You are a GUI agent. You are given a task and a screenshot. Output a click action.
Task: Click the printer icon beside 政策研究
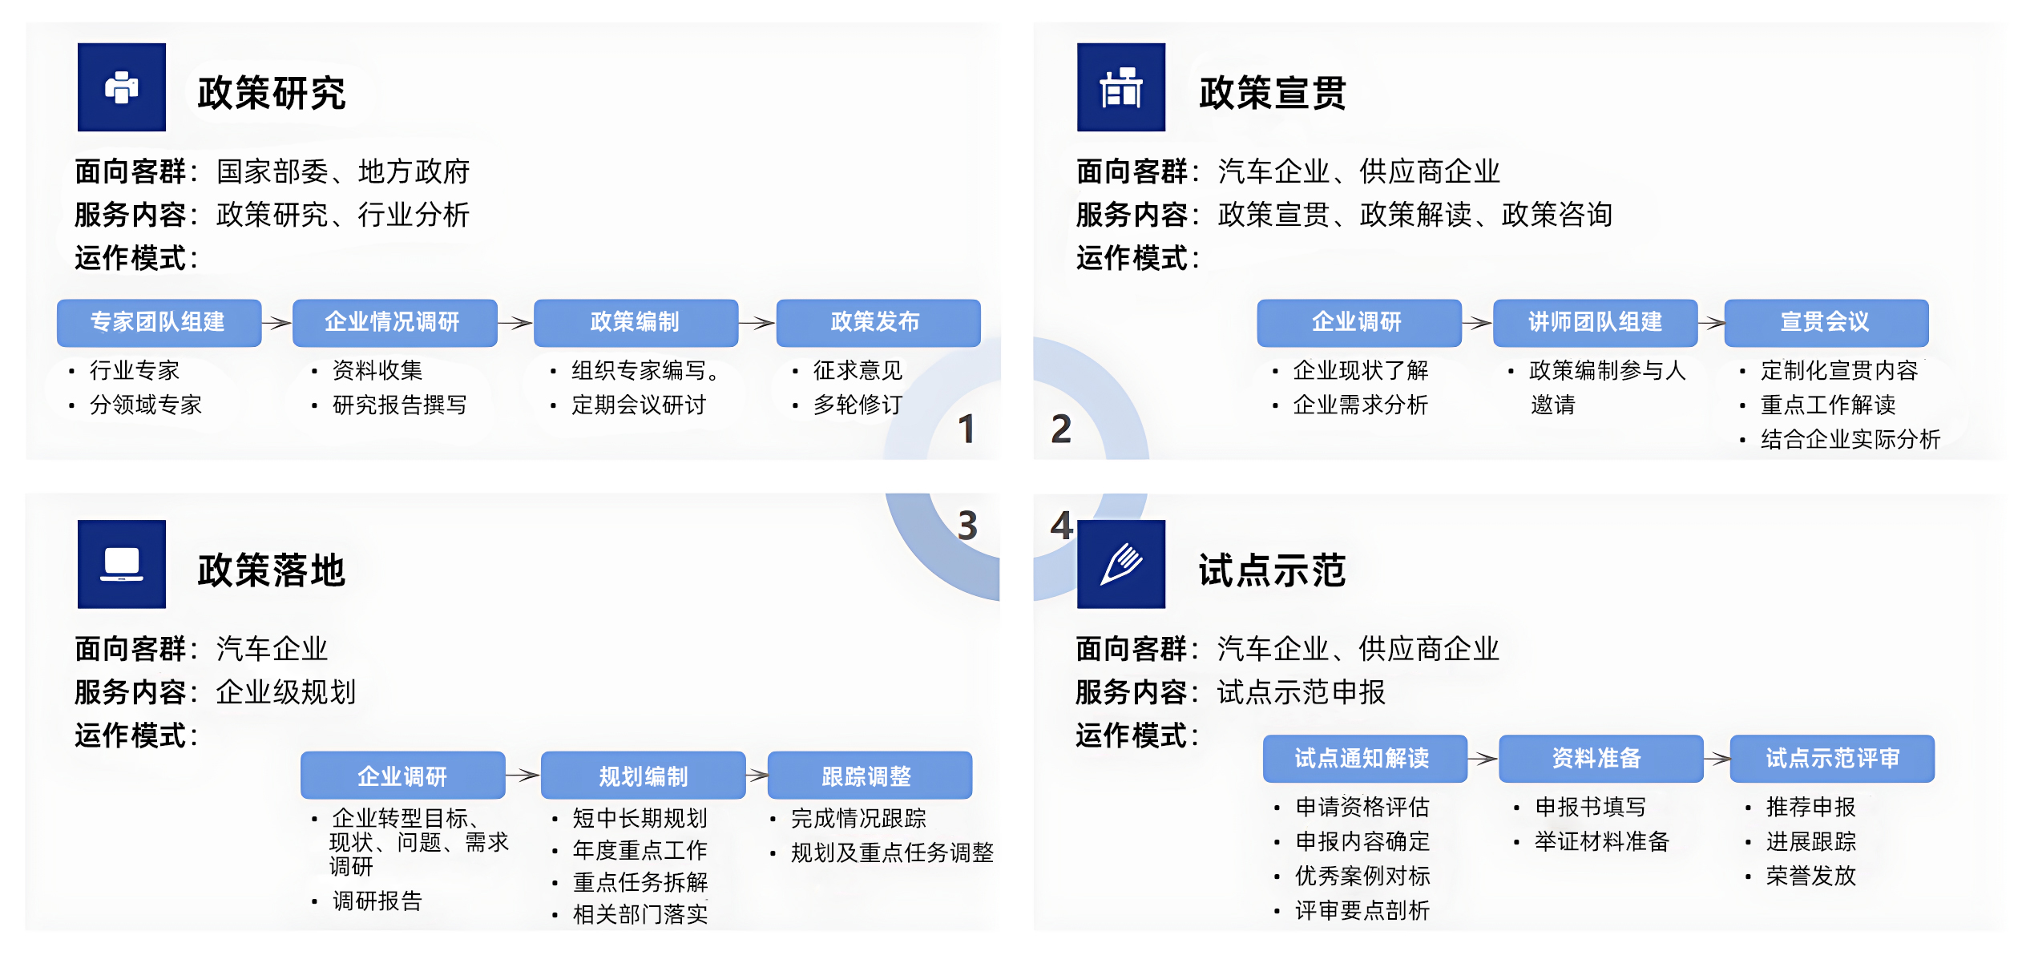(122, 87)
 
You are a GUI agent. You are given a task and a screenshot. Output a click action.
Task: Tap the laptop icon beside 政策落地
(122, 564)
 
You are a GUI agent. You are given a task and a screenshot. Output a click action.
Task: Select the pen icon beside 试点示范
(1120, 564)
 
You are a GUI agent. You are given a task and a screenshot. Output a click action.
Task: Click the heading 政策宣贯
(1272, 93)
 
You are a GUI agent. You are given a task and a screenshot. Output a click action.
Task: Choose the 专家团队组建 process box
(159, 322)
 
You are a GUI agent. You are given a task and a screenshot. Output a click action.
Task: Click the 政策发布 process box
(878, 322)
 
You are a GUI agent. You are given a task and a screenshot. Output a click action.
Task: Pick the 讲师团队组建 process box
(1595, 322)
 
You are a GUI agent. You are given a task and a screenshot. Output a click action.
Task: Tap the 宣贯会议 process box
(1826, 322)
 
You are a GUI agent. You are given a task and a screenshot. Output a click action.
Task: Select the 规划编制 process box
(643, 776)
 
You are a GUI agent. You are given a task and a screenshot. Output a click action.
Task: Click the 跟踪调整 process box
(869, 776)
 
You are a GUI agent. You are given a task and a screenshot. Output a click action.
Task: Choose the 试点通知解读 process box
(1364, 758)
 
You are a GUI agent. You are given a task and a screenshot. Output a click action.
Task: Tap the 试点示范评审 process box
(1832, 758)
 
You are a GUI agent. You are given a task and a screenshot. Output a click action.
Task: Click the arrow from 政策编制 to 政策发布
(757, 323)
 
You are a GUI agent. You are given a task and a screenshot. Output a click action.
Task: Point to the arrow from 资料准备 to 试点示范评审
(1717, 759)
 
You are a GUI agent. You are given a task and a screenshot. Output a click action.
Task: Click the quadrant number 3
(967, 526)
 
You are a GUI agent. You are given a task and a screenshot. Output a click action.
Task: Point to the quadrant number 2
(1061, 429)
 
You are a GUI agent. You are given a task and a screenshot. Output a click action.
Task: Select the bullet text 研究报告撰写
(399, 405)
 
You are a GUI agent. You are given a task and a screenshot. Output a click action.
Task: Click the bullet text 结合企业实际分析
(1850, 440)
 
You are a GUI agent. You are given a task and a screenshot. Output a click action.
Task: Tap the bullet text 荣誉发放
(1810, 876)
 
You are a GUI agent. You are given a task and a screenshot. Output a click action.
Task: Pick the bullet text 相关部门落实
(640, 914)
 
